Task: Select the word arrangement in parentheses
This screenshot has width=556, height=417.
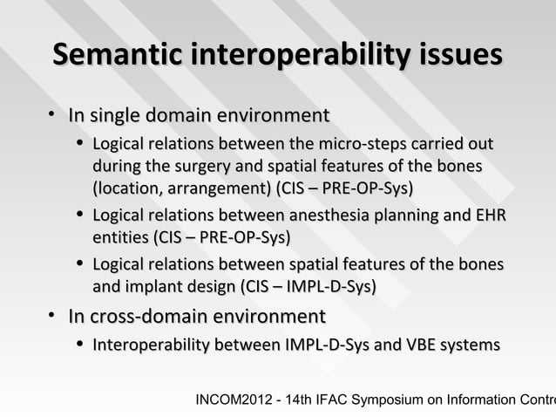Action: click(x=221, y=188)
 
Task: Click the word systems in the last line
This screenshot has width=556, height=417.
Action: click(x=471, y=346)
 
